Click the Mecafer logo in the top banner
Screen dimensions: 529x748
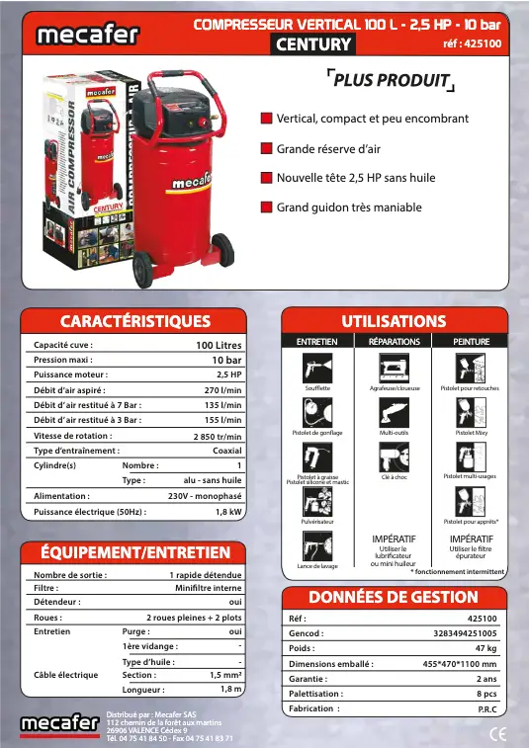pyautogui.click(x=80, y=35)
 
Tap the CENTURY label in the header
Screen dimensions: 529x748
pyautogui.click(x=313, y=44)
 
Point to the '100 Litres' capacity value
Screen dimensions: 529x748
pyautogui.click(x=219, y=345)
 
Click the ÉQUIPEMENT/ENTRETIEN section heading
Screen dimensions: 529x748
pyautogui.click(x=135, y=552)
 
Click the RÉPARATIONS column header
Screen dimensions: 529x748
pyautogui.click(x=395, y=341)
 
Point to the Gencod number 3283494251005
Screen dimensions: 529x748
pyautogui.click(x=465, y=632)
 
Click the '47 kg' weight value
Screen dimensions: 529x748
pyautogui.click(x=485, y=648)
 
